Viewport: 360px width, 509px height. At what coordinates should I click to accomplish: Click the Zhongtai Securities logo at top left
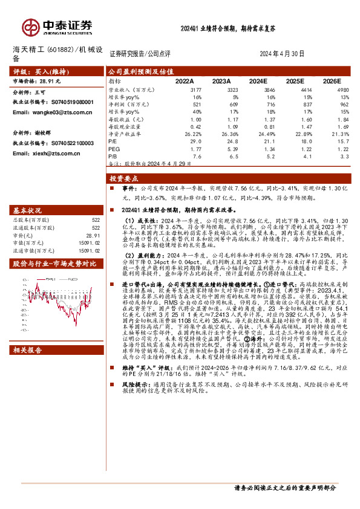click(57, 27)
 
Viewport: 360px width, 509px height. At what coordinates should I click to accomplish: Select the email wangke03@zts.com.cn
click(47, 112)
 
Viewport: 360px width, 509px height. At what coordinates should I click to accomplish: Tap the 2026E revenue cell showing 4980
click(341, 89)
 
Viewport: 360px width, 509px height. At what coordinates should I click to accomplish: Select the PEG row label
click(114, 149)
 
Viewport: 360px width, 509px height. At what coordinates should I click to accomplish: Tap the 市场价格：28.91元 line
click(37, 80)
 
